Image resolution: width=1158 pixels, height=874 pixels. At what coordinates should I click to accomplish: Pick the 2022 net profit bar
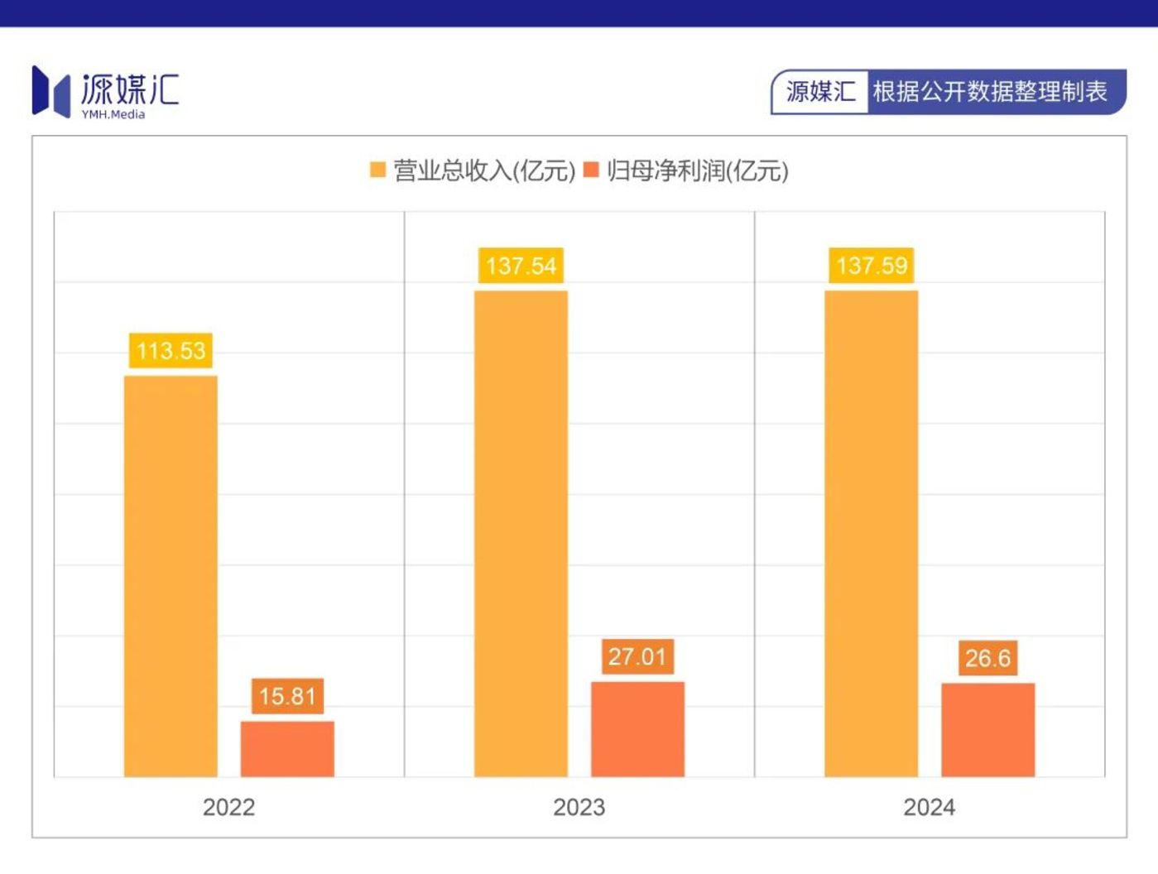tap(287, 749)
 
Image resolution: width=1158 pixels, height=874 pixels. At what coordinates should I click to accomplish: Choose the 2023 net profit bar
tap(637, 729)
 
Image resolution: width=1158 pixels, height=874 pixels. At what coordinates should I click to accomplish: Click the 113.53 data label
tap(171, 351)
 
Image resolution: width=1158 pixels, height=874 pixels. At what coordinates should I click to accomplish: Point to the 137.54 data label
tap(521, 266)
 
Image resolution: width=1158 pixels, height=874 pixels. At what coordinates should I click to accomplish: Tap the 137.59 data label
tap(872, 266)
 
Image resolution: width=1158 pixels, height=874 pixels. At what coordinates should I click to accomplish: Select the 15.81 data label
tap(287, 696)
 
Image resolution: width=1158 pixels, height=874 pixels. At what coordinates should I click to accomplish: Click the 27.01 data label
tap(637, 657)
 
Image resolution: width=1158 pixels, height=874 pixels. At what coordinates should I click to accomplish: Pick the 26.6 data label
tap(987, 658)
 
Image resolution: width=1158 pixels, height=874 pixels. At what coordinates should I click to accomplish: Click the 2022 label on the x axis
tap(228, 807)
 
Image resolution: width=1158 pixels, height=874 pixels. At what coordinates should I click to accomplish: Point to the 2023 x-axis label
tap(579, 807)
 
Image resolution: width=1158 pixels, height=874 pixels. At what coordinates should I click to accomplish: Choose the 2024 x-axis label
tap(929, 807)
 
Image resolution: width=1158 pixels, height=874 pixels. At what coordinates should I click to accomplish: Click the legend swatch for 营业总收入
tap(377, 170)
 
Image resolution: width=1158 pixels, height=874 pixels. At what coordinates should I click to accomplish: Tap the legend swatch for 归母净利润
tap(591, 170)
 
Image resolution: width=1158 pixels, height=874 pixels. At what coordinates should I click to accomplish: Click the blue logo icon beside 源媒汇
tap(50, 91)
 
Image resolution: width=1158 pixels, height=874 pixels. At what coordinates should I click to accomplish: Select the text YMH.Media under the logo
tap(113, 115)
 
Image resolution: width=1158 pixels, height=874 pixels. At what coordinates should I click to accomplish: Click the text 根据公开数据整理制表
tap(990, 92)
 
